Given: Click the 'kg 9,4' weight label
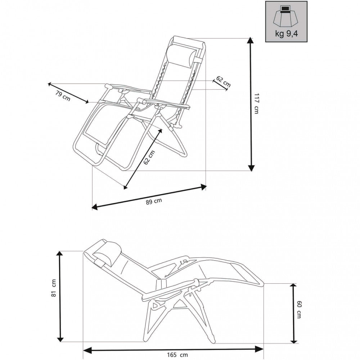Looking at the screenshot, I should tap(287, 35).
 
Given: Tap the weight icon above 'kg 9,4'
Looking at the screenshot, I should tap(287, 16).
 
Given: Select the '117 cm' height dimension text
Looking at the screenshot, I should tap(256, 103).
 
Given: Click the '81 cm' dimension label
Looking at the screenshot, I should tap(54, 288).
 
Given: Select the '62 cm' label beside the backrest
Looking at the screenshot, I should tap(223, 82).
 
